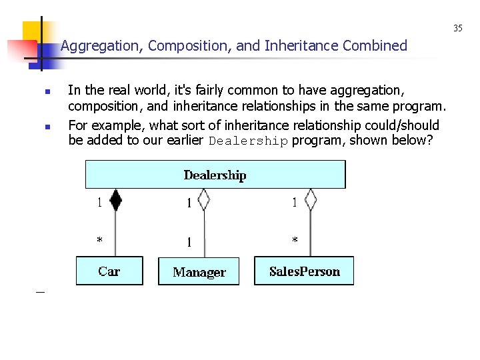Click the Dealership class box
pyautogui.click(x=215, y=175)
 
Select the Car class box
pyautogui.click(x=109, y=271)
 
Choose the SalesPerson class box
pyautogui.click(x=304, y=271)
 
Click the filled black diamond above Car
pyautogui.click(x=115, y=199)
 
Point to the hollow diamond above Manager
pyautogui.click(x=204, y=199)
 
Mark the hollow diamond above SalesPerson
pyautogui.click(x=310, y=199)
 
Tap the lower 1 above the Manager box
pyautogui.click(x=189, y=242)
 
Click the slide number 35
pyautogui.click(x=458, y=28)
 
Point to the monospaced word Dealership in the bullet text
pyautogui.click(x=248, y=141)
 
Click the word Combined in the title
pyautogui.click(x=375, y=46)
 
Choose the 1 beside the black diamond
pyautogui.click(x=100, y=203)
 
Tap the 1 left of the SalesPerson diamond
pyautogui.click(x=295, y=203)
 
